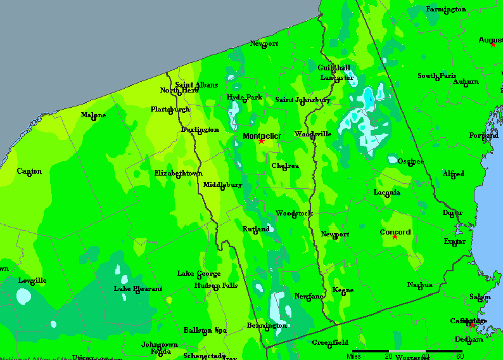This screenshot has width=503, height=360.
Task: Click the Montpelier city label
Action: [262, 136]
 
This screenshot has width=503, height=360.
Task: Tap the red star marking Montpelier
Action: [261, 141]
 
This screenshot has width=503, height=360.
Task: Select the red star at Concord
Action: [395, 237]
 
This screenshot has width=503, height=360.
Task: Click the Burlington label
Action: [200, 129]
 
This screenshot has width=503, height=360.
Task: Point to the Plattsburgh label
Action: [170, 109]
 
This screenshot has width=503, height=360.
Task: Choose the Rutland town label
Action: [256, 229]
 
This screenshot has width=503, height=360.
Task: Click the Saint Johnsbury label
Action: [302, 100]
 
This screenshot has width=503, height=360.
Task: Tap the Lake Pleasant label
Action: [135, 288]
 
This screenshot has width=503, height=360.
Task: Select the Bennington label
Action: [267, 325]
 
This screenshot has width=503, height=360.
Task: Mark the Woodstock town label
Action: [294, 214]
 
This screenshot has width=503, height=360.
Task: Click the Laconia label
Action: [386, 192]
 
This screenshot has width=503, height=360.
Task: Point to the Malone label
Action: [93, 115]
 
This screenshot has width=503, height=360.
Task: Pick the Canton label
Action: [29, 171]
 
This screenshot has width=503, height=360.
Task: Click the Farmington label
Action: [445, 9]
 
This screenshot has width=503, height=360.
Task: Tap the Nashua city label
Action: [419, 285]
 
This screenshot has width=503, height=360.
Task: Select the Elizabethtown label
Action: [178, 172]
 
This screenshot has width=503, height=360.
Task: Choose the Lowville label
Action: [32, 280]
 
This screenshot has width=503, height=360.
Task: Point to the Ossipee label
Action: [411, 161]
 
